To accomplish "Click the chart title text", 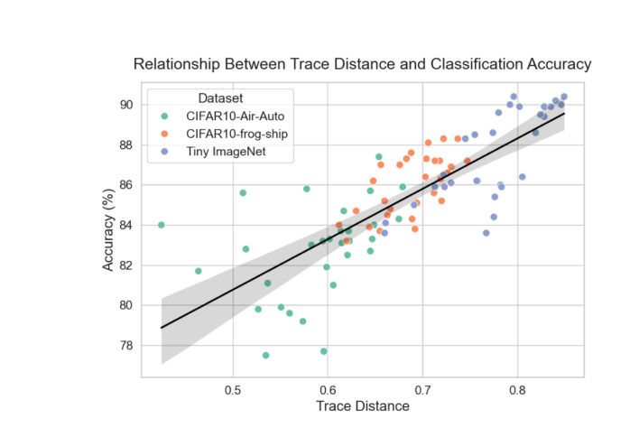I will (x=362, y=64).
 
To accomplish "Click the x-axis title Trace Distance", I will (x=362, y=406).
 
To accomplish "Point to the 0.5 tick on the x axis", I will (x=233, y=390).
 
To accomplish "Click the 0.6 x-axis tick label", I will (x=328, y=390).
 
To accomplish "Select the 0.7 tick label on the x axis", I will (x=422, y=390).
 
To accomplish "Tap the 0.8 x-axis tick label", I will (x=517, y=390).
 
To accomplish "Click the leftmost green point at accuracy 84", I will (x=161, y=225).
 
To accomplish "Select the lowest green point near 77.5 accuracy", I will (x=265, y=355).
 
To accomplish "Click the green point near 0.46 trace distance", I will (x=199, y=271).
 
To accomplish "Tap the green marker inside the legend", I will (x=162, y=115).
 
